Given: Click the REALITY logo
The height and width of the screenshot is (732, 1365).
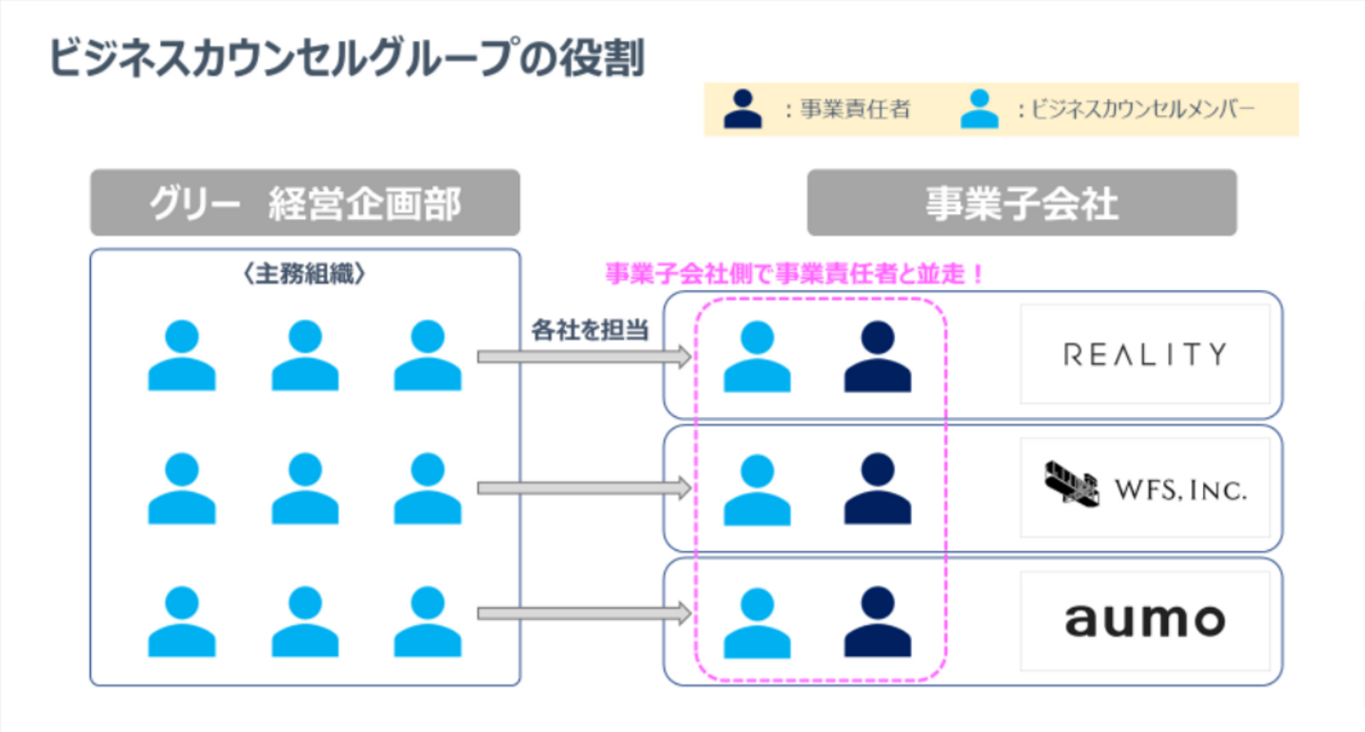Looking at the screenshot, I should [x=1144, y=355].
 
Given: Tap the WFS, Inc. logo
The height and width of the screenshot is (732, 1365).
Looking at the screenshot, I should [x=1144, y=488].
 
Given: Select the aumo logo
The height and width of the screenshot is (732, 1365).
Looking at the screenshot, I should [x=1144, y=621].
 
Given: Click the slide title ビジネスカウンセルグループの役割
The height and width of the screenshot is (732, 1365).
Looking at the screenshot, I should [x=347, y=59].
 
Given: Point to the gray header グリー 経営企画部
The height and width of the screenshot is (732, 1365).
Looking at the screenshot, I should [x=304, y=203].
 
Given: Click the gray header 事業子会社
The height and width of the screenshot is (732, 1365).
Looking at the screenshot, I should [x=1021, y=203].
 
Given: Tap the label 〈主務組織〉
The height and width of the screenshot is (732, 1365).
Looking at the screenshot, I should [x=304, y=275].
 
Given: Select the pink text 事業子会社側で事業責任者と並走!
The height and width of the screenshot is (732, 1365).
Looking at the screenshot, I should [x=794, y=275].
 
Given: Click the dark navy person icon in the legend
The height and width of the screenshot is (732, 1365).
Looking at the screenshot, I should [x=742, y=109].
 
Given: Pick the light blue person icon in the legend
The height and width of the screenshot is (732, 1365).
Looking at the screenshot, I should [x=979, y=109].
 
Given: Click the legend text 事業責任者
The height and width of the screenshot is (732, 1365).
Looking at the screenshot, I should [x=854, y=110].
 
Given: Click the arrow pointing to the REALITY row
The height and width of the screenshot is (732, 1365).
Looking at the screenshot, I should [x=583, y=357].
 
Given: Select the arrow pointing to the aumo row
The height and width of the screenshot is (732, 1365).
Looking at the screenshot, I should [x=583, y=614].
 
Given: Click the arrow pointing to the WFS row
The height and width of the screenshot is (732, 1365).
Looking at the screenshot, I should [x=583, y=488].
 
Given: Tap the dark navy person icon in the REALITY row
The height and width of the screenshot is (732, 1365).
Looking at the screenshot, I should [x=877, y=357].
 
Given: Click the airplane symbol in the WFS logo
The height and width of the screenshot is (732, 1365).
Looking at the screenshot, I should [x=1071, y=485].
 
